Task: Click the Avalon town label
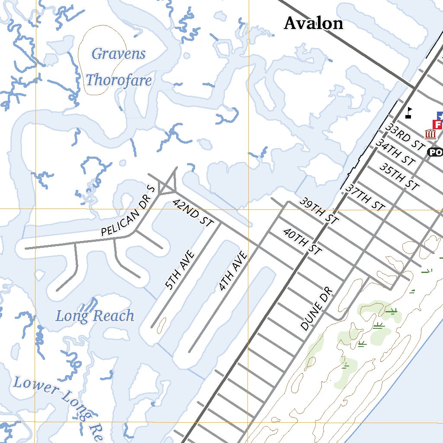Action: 313,23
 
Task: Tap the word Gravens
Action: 119,54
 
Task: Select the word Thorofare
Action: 119,80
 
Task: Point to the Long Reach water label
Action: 95,316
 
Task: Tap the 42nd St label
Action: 193,212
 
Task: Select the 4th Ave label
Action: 233,271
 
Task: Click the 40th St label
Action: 302,241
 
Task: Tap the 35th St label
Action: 399,176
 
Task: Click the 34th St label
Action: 395,152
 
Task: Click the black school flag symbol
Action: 408,113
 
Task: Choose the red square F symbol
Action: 437,125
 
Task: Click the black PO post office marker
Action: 435,152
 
